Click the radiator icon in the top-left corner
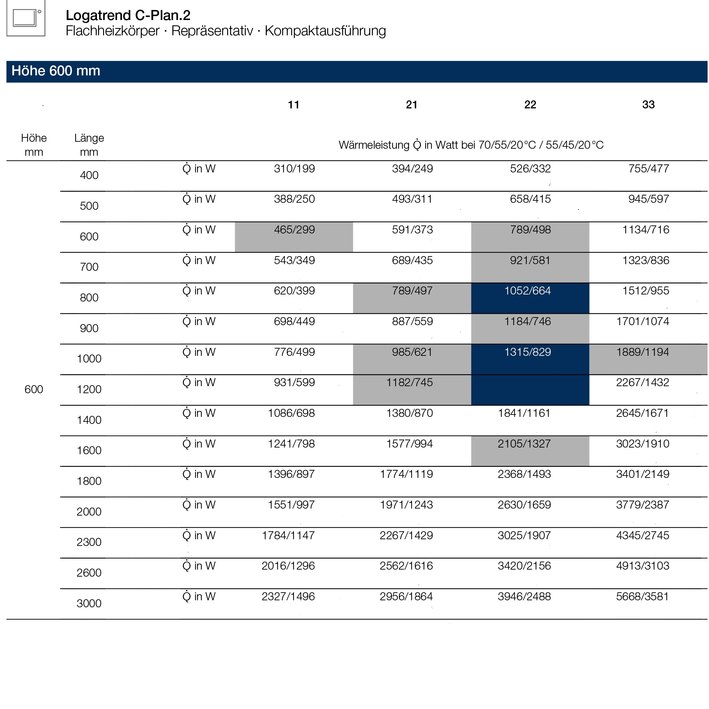click(x=26, y=18)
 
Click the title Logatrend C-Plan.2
click(x=128, y=15)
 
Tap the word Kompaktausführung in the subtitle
click(x=325, y=31)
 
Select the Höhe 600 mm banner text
click(x=56, y=71)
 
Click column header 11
click(x=293, y=105)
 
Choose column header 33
click(x=648, y=105)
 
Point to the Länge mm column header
click(x=89, y=145)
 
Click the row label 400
click(x=89, y=175)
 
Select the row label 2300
click(x=89, y=542)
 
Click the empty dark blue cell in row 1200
click(x=530, y=390)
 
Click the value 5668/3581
click(x=642, y=597)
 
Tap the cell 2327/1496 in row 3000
click(x=288, y=597)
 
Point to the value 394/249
click(x=412, y=169)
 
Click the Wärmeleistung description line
click(x=471, y=145)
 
